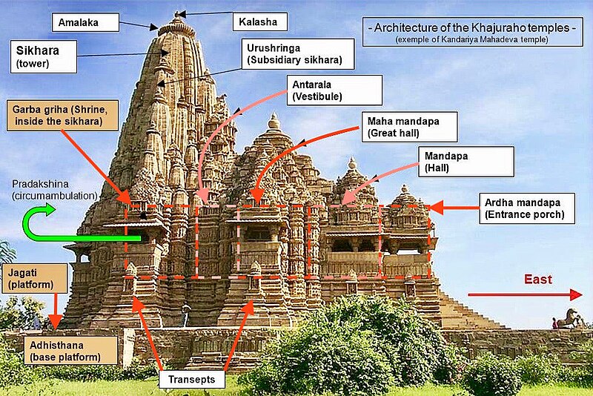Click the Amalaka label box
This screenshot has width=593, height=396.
pos(86,23)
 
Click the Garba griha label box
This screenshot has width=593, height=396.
pos(64,116)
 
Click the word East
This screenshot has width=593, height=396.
pos(538,279)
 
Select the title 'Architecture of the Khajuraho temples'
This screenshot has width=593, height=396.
pos(472,27)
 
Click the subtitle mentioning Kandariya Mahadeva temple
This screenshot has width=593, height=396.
pos(472,39)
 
